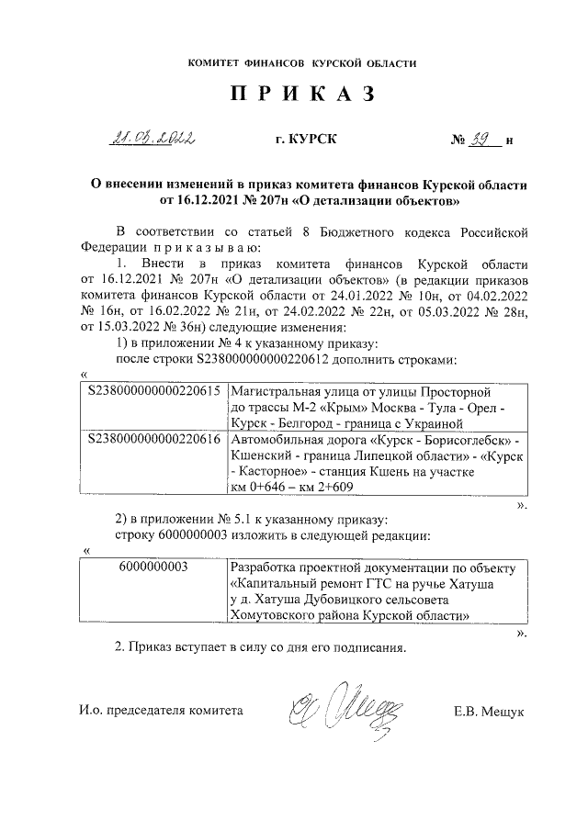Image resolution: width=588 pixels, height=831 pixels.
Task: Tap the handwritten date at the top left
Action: tap(153, 140)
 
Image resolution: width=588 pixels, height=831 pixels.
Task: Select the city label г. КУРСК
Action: tap(306, 140)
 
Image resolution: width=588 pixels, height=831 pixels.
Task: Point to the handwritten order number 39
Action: tap(484, 140)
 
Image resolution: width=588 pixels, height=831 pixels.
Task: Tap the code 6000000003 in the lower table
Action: tap(153, 567)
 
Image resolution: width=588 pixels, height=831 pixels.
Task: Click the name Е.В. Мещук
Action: tap(489, 711)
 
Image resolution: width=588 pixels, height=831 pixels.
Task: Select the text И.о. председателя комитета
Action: tap(160, 711)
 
